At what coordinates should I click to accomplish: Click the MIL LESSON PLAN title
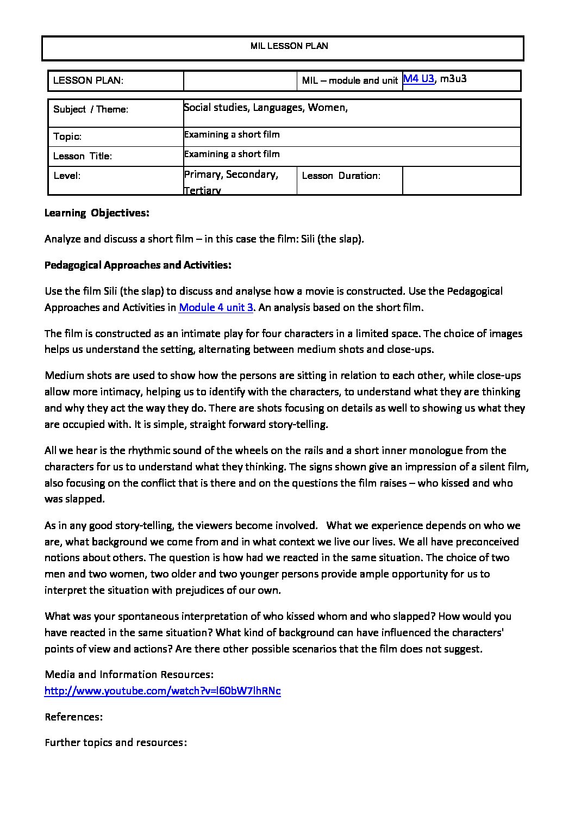pos(289,46)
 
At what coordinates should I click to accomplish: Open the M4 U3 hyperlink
pos(418,78)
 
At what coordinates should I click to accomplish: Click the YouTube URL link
pos(162,691)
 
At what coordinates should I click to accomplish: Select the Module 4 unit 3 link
pos(216,307)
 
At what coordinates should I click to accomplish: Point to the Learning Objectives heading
pos(97,213)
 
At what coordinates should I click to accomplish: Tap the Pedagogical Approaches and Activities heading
pos(138,265)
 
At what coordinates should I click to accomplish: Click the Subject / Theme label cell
pos(91,109)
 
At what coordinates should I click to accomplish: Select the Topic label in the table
pos(67,136)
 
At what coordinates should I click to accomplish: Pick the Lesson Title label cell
pos(83,156)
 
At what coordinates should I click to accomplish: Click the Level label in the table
pos(67,176)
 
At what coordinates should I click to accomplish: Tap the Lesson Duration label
pos(341,176)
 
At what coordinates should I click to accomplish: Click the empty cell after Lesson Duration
pos(461,180)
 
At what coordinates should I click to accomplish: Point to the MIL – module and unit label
pos(349,80)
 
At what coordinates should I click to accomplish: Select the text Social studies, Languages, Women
pos(266,108)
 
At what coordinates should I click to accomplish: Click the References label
pos(73,717)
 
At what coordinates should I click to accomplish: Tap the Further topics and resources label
pos(116,743)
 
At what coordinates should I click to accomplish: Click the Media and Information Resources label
pos(129,675)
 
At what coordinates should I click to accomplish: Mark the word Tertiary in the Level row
pos(202,190)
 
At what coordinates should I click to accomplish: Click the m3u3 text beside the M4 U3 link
pos(453,78)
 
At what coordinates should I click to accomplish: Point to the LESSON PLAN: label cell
pos(89,80)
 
